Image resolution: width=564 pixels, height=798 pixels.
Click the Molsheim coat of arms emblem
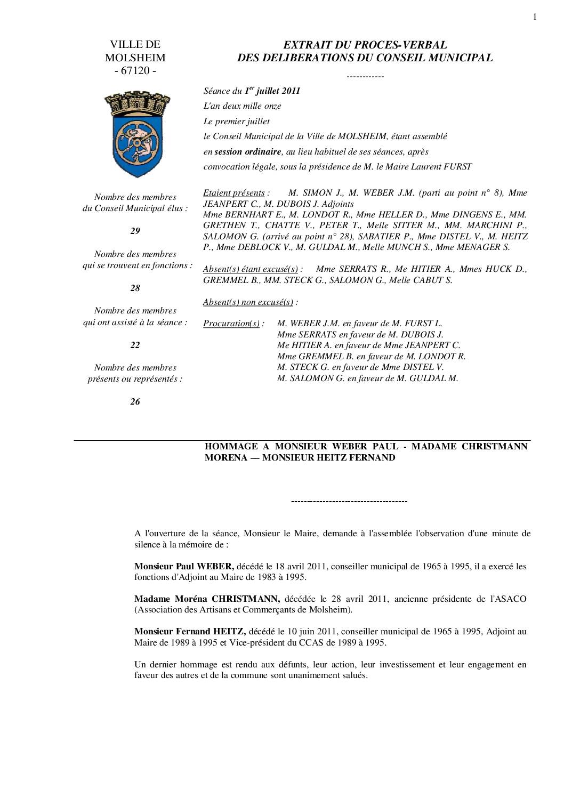135,134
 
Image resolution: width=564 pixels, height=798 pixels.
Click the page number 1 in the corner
534,17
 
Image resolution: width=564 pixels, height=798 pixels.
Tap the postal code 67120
135,71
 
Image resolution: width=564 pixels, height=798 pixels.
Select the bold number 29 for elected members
135,231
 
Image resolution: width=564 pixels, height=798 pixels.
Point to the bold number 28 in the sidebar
135,288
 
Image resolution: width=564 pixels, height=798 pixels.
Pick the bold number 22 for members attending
135,345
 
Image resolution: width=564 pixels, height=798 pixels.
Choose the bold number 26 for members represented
135,401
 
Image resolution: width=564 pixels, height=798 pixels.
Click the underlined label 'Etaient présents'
234,193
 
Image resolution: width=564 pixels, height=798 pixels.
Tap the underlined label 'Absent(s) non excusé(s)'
248,302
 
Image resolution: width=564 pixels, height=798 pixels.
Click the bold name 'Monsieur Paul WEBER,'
184,566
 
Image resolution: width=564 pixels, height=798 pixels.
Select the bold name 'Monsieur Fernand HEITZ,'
190,632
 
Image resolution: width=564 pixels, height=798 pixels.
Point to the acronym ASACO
511,599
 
